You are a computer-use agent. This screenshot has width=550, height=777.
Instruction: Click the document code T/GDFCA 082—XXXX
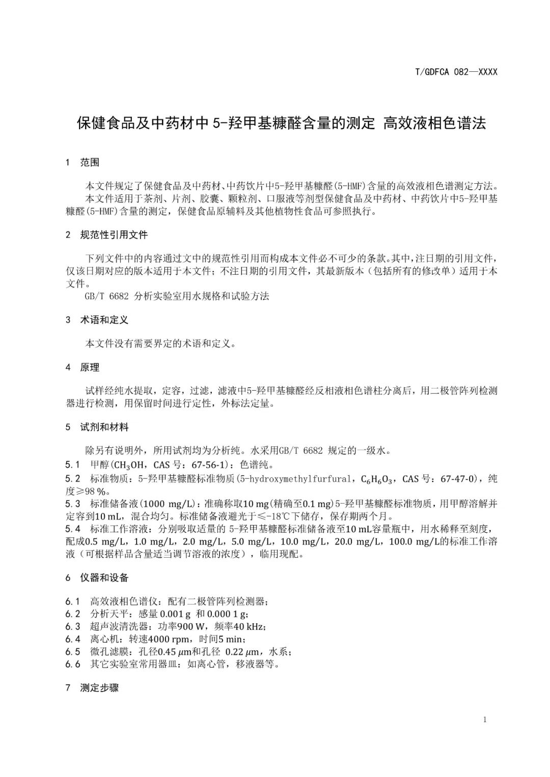coord(456,72)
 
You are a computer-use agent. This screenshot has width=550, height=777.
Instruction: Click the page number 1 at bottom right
coord(484,720)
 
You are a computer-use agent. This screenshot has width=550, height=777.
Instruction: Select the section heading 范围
coord(90,162)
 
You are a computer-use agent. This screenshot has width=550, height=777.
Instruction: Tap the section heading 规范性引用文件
coord(114,235)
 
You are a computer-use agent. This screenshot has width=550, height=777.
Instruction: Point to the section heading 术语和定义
coord(104,320)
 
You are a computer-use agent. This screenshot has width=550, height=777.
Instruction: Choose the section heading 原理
coord(90,367)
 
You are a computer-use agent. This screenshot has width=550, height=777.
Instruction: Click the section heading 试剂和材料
coord(104,427)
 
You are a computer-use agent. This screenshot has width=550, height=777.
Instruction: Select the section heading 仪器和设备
coord(104,578)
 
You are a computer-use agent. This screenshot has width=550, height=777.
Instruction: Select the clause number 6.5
coord(73,652)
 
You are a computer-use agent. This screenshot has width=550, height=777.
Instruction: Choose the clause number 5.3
coord(73,504)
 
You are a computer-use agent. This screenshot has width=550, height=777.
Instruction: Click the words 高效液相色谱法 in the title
coord(434,123)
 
